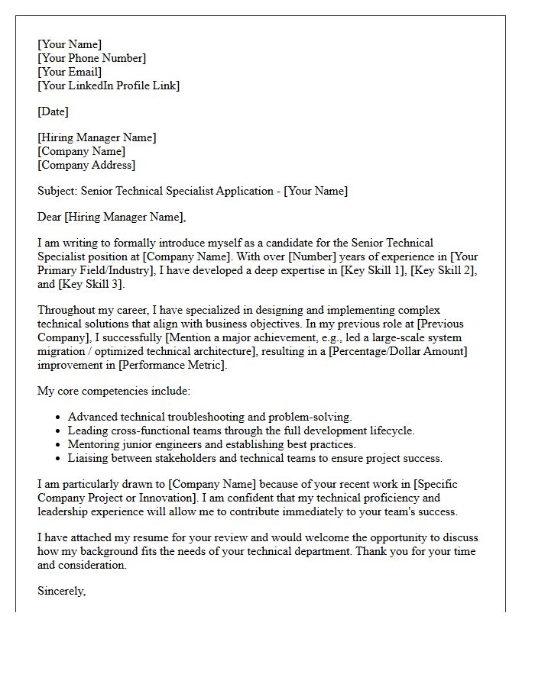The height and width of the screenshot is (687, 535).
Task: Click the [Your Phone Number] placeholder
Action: [x=92, y=58]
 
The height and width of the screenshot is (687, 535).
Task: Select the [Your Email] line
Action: [x=70, y=72]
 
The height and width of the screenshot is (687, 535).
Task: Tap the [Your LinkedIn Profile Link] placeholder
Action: [x=109, y=85]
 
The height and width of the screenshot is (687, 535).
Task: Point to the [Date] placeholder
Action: [x=53, y=111]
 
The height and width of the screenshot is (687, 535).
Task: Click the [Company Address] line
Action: [x=86, y=165]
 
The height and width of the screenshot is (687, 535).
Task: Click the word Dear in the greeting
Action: [x=50, y=218]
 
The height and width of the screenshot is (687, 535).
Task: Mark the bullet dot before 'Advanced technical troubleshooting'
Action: [x=58, y=418]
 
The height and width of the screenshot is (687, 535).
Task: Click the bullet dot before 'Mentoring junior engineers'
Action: [x=58, y=445]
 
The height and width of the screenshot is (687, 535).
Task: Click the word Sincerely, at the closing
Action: [x=62, y=592]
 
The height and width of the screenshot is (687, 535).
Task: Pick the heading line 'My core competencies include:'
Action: [x=114, y=392]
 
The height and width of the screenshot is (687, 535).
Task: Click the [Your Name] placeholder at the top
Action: [x=70, y=44]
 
